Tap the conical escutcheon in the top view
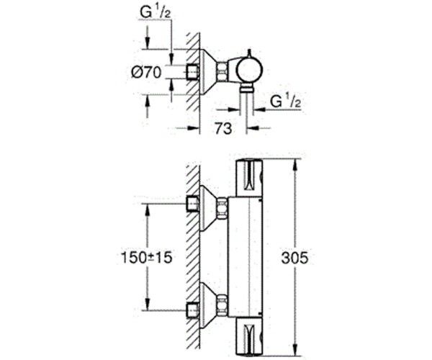212,71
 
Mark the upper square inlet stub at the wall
192,205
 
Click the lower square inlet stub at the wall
192,310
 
